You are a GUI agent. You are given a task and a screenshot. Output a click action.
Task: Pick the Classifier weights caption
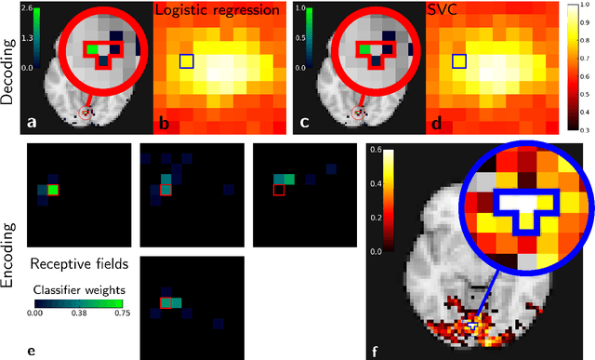click(x=79, y=289)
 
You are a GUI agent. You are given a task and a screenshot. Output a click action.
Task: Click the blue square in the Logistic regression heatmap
click(x=187, y=61)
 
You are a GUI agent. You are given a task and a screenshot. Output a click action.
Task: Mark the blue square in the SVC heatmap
click(x=458, y=61)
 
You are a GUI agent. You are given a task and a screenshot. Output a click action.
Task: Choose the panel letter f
click(x=375, y=352)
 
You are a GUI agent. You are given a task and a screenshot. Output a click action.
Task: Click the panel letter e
click(x=33, y=352)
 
